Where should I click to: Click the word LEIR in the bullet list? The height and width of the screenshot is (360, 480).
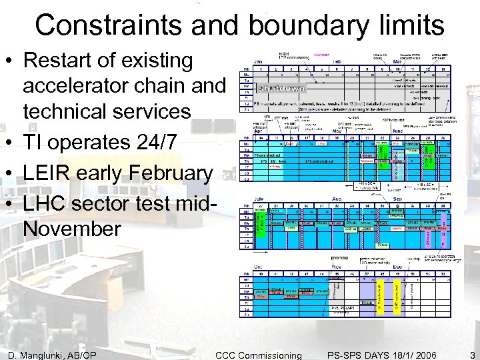pyautogui.click(x=47, y=173)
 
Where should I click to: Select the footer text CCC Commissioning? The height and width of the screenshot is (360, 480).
pyautogui.click(x=258, y=354)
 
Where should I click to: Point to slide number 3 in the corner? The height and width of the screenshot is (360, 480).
pyautogui.click(x=471, y=354)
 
